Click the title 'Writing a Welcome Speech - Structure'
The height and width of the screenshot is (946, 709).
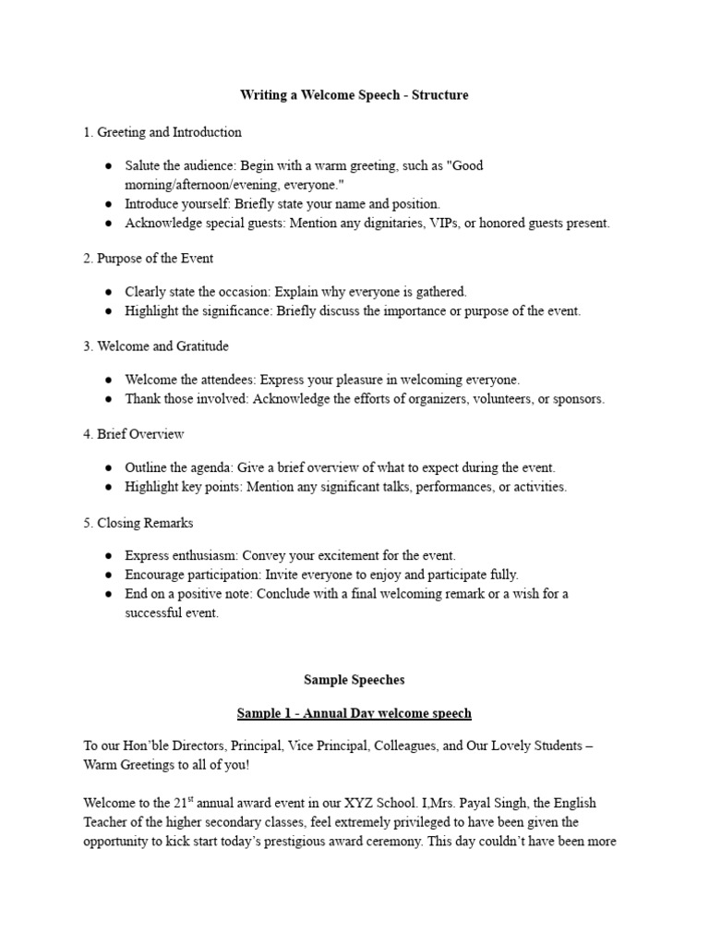[354, 95]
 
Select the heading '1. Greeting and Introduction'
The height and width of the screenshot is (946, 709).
[162, 132]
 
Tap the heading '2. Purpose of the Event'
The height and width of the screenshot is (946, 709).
[148, 258]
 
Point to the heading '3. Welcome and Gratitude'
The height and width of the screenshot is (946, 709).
[156, 346]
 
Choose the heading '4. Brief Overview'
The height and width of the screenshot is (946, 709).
[134, 434]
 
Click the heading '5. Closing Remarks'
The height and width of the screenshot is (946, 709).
[138, 523]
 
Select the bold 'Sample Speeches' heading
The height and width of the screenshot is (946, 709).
[354, 680]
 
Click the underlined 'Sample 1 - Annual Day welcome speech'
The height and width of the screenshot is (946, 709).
[354, 713]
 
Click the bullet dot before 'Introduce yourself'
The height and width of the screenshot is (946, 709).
[109, 204]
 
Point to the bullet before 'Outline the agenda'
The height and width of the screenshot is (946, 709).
[109, 468]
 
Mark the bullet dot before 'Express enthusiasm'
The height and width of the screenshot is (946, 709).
[109, 556]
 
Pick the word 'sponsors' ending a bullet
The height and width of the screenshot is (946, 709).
[579, 399]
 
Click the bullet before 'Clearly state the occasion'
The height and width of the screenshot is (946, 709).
[109, 292]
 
